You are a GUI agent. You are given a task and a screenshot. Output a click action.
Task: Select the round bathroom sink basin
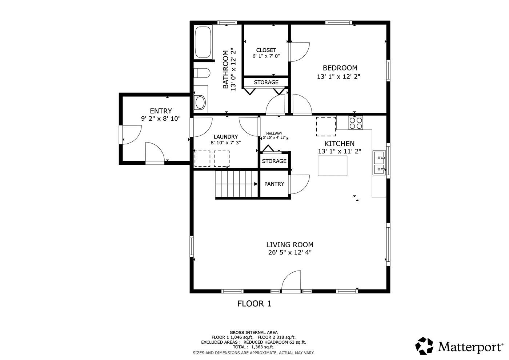[200, 103]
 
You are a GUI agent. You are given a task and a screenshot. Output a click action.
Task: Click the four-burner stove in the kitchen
[356, 123]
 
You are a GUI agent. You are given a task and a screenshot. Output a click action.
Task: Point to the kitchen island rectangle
[332, 166]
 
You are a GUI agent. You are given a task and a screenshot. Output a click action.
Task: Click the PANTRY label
[274, 184]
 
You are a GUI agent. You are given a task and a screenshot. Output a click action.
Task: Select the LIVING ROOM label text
[290, 245]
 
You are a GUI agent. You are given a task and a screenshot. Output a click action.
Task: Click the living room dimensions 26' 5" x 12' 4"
[290, 253]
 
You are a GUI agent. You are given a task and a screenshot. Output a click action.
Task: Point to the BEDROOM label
[340, 68]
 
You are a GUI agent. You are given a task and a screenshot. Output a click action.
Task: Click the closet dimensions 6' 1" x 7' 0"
[266, 56]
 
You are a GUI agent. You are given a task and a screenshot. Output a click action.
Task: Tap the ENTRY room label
[161, 111]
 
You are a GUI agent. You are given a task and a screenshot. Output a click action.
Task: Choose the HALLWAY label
[274, 133]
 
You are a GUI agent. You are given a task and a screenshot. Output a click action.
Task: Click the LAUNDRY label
[225, 137]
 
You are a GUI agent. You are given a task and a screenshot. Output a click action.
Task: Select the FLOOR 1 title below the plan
[254, 304]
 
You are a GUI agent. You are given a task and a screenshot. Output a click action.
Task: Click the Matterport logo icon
[425, 346]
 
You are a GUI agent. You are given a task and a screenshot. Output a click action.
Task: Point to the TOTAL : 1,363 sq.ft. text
[253, 347]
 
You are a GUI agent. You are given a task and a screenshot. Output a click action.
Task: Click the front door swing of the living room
[292, 281]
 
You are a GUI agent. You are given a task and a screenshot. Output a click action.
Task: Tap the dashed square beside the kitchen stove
[326, 126]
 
